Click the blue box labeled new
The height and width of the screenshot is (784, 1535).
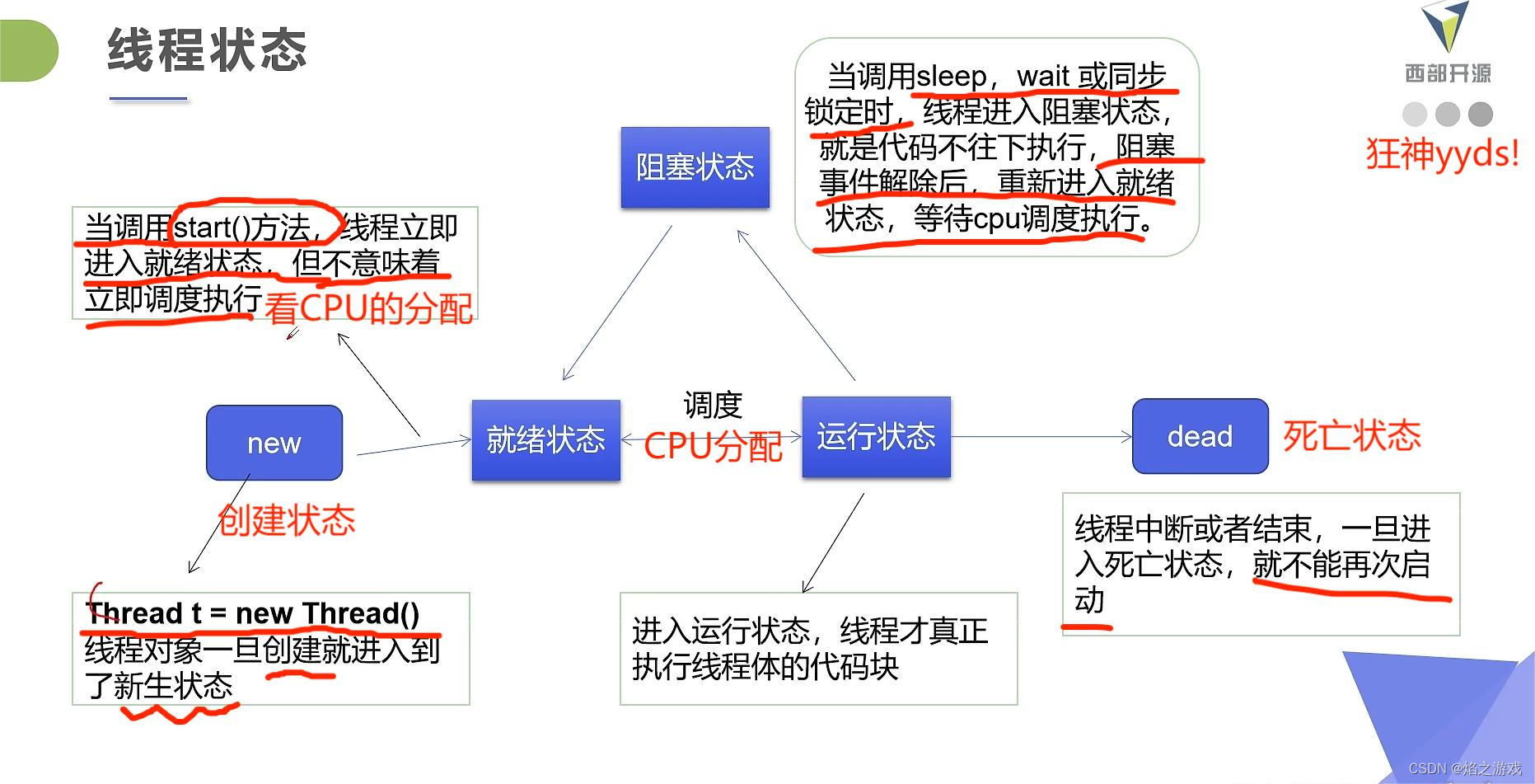tap(274, 443)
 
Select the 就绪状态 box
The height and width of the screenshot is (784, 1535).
tap(545, 439)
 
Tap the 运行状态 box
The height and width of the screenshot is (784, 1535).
tap(876, 436)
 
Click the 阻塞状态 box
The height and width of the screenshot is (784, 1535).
tap(695, 167)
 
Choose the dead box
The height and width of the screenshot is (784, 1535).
tap(1200, 436)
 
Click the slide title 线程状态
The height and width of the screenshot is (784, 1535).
tap(207, 49)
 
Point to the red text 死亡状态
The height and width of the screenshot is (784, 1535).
tap(1351, 435)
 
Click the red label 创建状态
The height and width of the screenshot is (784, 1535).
tap(287, 520)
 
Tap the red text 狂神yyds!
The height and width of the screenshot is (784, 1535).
tap(1442, 154)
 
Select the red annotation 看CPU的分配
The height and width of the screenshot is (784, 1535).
tap(368, 309)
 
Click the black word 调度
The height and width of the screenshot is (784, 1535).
tap(713, 405)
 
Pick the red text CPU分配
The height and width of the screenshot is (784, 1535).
tap(713, 446)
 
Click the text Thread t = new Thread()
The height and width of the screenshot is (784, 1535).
tap(253, 613)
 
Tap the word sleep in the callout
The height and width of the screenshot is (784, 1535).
tap(952, 77)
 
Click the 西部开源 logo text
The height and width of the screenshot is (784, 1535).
tap(1448, 73)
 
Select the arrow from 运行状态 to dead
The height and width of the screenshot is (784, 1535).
tap(1041, 436)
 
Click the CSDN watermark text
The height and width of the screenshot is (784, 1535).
tap(1465, 768)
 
